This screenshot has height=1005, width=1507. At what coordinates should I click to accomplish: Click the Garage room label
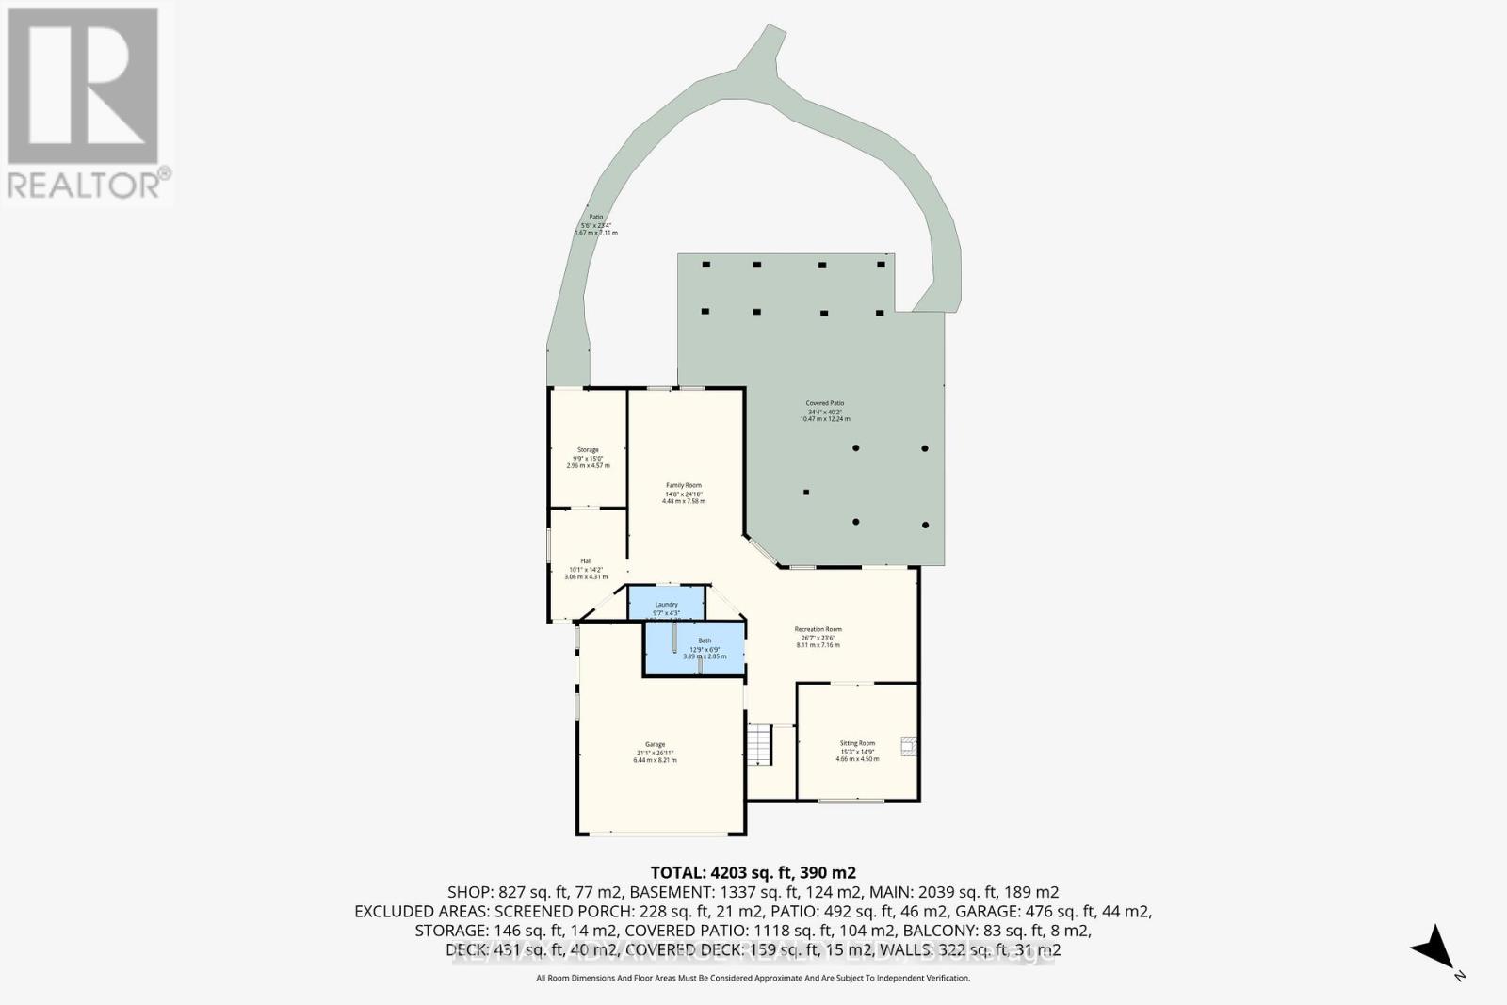click(x=655, y=744)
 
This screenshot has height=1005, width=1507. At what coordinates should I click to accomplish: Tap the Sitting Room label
click(x=857, y=743)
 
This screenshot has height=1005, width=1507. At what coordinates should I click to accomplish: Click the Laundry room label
click(x=666, y=605)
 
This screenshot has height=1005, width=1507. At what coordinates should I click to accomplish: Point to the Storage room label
click(x=588, y=450)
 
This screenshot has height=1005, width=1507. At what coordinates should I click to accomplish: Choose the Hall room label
click(x=586, y=561)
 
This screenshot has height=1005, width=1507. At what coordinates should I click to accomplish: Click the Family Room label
click(x=684, y=486)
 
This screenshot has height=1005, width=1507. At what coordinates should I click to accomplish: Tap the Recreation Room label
click(x=818, y=629)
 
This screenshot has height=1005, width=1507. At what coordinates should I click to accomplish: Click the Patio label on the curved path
click(x=596, y=218)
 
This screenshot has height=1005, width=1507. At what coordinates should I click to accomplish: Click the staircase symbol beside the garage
click(x=760, y=745)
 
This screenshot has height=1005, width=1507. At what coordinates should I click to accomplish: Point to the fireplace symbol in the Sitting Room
click(x=907, y=746)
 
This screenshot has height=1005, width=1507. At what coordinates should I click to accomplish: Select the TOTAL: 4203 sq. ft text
click(x=753, y=872)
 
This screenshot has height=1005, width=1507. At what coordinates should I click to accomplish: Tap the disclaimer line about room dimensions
click(x=753, y=979)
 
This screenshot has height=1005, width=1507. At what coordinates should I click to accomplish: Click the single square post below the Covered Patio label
click(x=806, y=492)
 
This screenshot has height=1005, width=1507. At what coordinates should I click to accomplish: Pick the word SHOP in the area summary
click(x=466, y=892)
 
